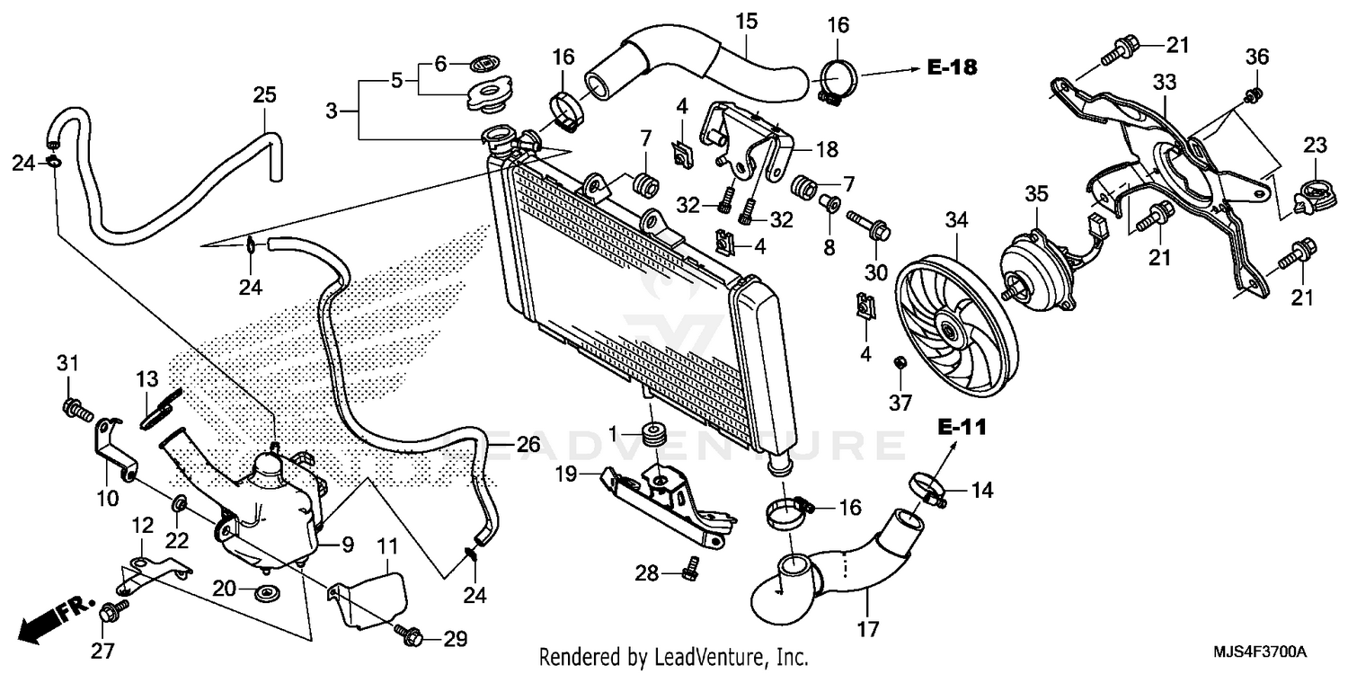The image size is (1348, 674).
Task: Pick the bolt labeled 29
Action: click(411, 635)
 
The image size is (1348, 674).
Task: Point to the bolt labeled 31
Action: click(76, 409)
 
